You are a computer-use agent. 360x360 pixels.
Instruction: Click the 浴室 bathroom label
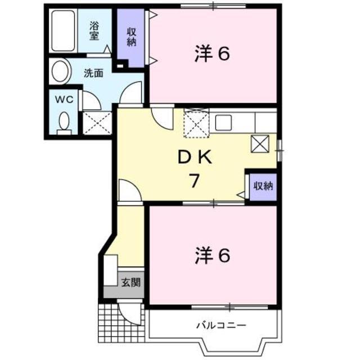click(x=94, y=30)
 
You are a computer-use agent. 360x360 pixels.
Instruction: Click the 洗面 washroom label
click(x=93, y=72)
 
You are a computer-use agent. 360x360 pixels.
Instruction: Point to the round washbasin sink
click(x=60, y=72)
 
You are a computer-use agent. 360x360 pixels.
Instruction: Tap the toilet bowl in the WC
click(x=64, y=121)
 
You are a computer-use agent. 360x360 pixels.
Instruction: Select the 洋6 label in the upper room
click(x=213, y=54)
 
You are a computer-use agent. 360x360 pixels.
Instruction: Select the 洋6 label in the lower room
click(x=213, y=256)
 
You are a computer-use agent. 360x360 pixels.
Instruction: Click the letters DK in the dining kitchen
click(x=195, y=159)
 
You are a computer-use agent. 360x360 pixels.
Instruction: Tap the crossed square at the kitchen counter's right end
click(x=260, y=143)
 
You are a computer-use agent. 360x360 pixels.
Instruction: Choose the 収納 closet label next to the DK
click(x=262, y=186)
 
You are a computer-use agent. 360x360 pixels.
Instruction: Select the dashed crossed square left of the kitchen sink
click(x=195, y=123)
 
